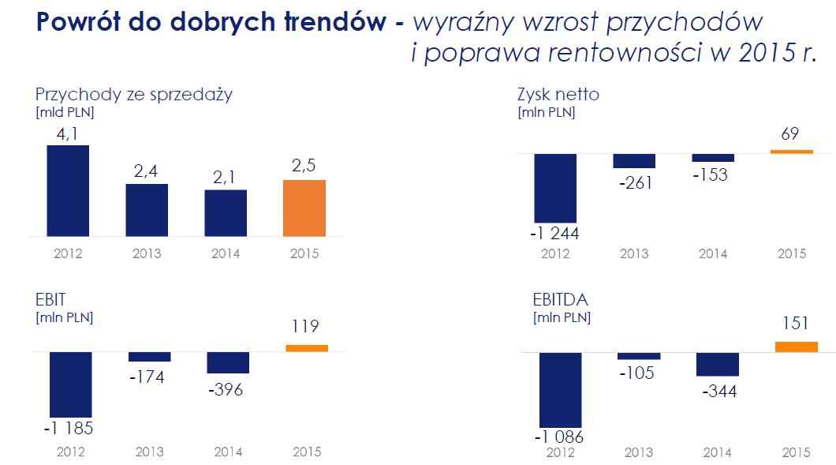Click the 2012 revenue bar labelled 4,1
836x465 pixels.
point(68,190)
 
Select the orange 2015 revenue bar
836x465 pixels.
point(304,208)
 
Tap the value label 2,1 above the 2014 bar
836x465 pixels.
point(226,177)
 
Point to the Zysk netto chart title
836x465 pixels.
point(558,95)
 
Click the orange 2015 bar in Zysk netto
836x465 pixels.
point(791,151)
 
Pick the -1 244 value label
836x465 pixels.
point(555,234)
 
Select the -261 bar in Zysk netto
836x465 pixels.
point(634,160)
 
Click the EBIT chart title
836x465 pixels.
point(50,300)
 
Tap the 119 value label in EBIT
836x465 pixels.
point(306,326)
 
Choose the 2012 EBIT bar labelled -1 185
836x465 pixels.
point(71,384)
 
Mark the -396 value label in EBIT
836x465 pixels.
point(226,389)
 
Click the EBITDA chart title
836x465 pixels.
point(561,300)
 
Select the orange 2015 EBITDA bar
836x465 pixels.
point(797,347)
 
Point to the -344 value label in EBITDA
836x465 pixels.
point(718,391)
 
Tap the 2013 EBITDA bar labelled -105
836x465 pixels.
point(639,356)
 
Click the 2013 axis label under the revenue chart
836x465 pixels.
point(147,253)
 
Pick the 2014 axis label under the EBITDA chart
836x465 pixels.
point(716,453)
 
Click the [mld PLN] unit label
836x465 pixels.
point(70,112)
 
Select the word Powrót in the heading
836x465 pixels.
point(85,22)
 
